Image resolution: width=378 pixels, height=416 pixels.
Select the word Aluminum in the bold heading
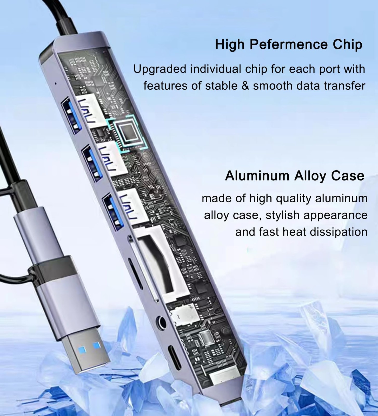(x=257, y=176)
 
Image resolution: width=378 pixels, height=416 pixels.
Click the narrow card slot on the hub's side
(x=136, y=273)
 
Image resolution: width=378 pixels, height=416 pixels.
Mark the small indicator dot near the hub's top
(x=55, y=84)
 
